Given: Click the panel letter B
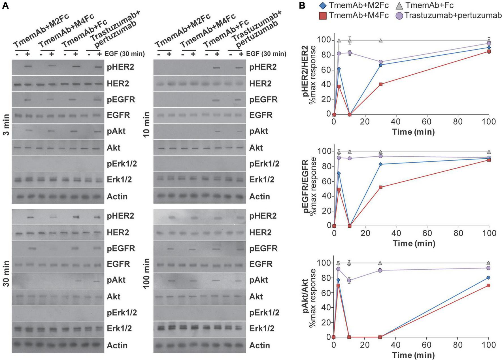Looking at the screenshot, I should pos(302,5).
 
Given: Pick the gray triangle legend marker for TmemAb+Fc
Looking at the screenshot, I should pos(399,5).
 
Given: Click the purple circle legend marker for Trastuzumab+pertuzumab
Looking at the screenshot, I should pos(399,16).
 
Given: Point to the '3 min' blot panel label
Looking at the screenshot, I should pos(6,125).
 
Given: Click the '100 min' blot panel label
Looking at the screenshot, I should pos(146,273).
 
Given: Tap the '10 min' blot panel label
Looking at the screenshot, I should pos(146,125).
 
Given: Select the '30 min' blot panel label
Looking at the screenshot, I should pos(6,273).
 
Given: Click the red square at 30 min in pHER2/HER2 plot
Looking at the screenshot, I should pos(381,84).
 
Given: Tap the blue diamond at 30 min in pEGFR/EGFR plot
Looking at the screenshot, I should pos(381,164).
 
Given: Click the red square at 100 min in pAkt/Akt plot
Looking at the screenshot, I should pos(488,285).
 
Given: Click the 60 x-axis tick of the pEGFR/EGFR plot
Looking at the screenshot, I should pos(427,233).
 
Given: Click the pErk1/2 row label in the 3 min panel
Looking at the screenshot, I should pos(122,164).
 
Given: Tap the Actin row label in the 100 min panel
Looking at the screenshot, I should pos(259,345).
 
